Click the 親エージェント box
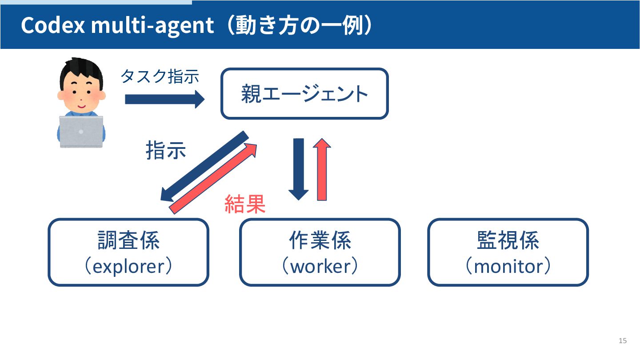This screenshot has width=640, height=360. (x=304, y=94)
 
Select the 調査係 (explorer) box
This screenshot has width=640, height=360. (x=128, y=252)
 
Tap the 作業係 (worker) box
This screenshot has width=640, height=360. (x=320, y=252)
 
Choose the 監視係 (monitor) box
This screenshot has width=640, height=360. (x=508, y=252)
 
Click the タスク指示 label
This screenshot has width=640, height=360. (x=160, y=76)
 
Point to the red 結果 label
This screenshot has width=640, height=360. (x=245, y=204)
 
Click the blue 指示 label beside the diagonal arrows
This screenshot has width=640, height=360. (x=166, y=151)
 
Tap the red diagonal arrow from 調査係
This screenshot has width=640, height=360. (x=214, y=178)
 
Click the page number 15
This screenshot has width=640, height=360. (x=622, y=340)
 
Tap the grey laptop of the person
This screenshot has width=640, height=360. (x=81, y=132)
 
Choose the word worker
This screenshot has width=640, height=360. (x=320, y=267)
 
